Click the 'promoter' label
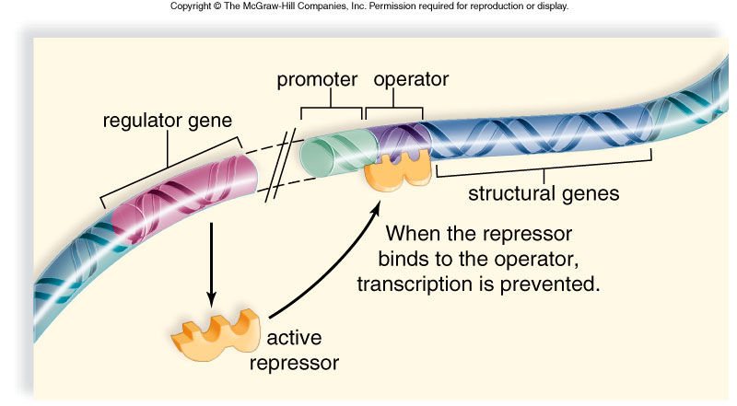click(x=317, y=80)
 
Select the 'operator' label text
click(x=411, y=80)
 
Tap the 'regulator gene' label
click(x=168, y=121)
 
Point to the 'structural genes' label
click(x=544, y=193)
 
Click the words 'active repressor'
click(x=294, y=350)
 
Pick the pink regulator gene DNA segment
click(x=185, y=196)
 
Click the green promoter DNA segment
click(x=337, y=152)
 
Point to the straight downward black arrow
click(x=212, y=264)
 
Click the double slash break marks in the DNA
click(x=280, y=166)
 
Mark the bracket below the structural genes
click(x=544, y=168)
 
